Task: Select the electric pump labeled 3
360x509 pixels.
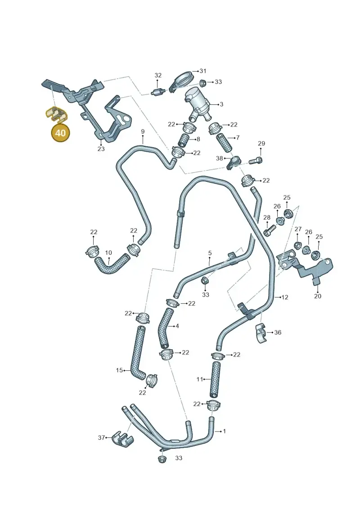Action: click(x=198, y=103)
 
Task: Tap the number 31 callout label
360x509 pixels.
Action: click(x=203, y=71)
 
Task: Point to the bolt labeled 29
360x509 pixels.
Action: click(x=256, y=160)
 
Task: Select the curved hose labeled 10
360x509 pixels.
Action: click(x=112, y=263)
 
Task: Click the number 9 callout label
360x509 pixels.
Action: click(x=143, y=131)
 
